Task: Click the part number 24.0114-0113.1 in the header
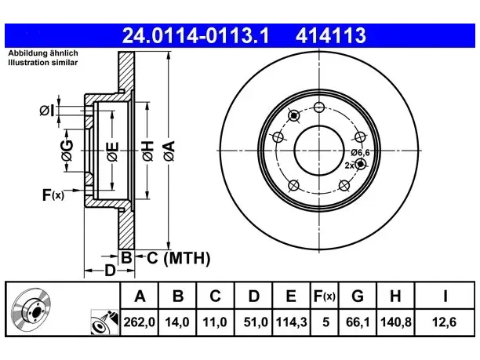coord(195,35)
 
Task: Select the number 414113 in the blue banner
coord(331,35)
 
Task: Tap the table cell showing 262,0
coord(140,322)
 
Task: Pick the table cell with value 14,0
coord(177,322)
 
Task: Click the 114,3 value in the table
coord(291,322)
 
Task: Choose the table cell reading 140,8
coord(396,322)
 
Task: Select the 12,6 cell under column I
coord(444,322)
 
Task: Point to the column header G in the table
coord(358,296)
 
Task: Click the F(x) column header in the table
coord(325,296)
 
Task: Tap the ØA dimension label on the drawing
coord(169,151)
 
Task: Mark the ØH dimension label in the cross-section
coord(147,151)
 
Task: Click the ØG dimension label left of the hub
coord(67,151)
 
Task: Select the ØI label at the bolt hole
coord(47,111)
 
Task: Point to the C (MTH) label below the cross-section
coord(179,258)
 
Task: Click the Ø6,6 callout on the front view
coord(361,152)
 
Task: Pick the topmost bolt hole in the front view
coord(319,107)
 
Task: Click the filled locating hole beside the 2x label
coord(361,164)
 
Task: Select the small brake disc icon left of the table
coord(31,310)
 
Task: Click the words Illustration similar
coord(43,63)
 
